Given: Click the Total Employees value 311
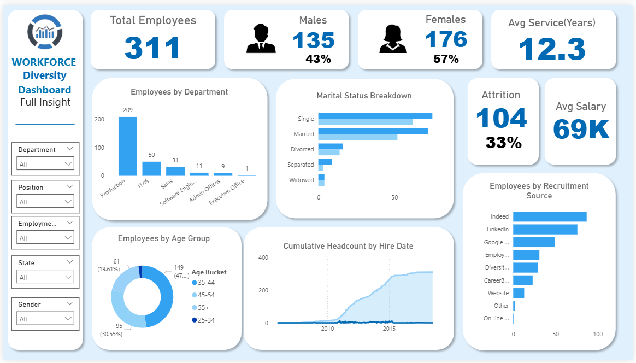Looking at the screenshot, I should tap(152, 48).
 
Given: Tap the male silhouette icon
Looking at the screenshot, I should tap(261, 39).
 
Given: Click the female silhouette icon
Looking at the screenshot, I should tap(393, 39).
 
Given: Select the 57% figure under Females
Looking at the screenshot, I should tap(446, 59).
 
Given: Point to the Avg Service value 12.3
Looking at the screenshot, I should tap(552, 49).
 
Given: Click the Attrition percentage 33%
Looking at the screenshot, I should tap(503, 143).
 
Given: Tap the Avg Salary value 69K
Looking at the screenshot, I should tap(581, 130).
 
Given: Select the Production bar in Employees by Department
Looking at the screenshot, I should tap(128, 146).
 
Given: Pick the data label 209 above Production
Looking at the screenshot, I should tap(128, 110).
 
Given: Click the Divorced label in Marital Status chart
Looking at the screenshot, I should tap(302, 149).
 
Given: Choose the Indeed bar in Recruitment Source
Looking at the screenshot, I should tap(550, 216).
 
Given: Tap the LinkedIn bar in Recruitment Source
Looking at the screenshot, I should tap(545, 229).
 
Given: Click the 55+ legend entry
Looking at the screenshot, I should tap(203, 308).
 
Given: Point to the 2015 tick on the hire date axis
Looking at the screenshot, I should tap(389, 329).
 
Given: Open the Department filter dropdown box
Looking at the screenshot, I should tap(46, 164).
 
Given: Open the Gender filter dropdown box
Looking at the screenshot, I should tap(46, 319).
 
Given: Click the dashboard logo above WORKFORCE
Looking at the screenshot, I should tap(45, 31).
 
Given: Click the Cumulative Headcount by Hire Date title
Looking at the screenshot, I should tap(348, 246).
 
